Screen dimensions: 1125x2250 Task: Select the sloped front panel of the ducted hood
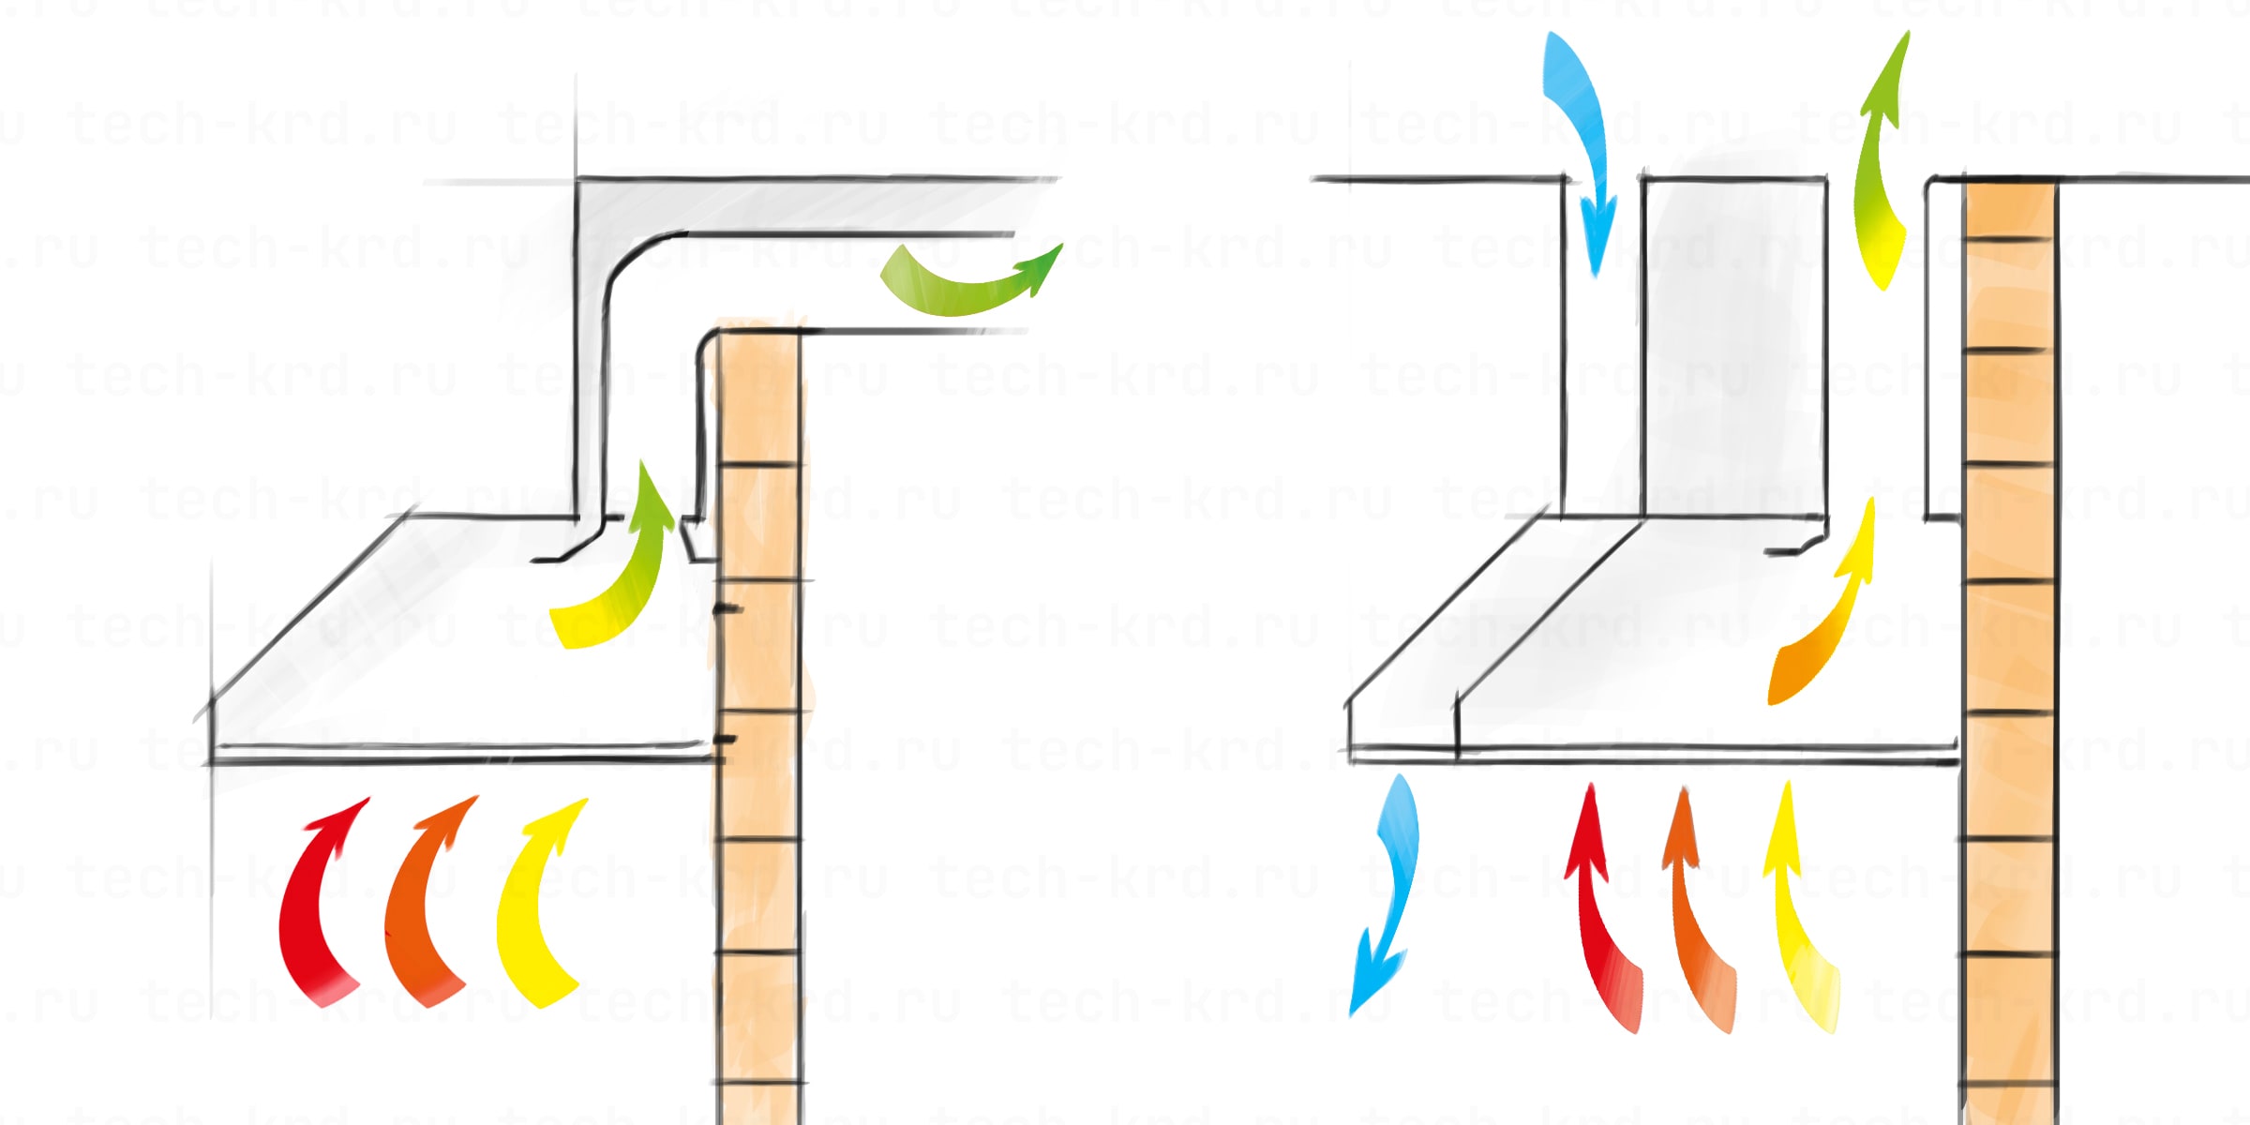click(375, 637)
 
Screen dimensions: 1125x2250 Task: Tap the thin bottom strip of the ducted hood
click(459, 753)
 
